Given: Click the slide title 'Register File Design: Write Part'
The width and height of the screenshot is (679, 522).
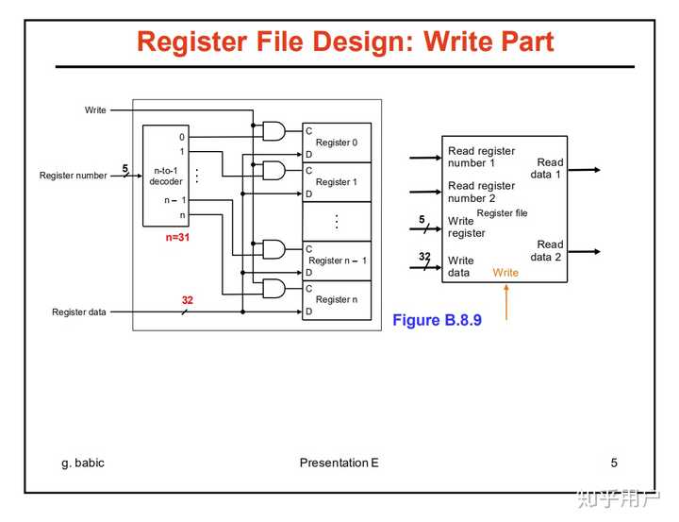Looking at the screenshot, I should [345, 42].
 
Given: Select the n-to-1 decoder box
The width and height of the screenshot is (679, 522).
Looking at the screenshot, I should [165, 176].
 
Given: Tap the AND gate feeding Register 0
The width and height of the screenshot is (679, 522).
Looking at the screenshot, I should [273, 131].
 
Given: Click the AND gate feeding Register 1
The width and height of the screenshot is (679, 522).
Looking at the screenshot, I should [273, 170].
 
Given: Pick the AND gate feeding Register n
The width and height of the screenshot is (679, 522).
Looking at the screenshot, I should [273, 288].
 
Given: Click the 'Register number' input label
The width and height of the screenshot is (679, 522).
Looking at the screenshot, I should [73, 176].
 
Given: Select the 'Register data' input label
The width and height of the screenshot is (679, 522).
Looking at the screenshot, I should [78, 312].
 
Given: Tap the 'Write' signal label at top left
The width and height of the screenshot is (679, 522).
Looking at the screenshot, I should [95, 110].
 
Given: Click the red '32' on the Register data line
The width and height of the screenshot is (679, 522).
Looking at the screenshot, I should [188, 300].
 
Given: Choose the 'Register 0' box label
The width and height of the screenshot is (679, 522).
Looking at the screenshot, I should [337, 143].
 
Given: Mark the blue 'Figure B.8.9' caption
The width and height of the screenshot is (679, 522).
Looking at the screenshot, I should [437, 320].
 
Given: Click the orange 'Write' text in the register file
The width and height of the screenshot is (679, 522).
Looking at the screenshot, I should [505, 273].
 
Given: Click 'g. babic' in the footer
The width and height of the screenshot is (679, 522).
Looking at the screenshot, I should [83, 463].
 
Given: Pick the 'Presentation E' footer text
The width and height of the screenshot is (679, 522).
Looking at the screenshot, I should [339, 463].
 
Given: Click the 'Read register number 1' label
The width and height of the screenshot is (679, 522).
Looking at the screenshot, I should [481, 157].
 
